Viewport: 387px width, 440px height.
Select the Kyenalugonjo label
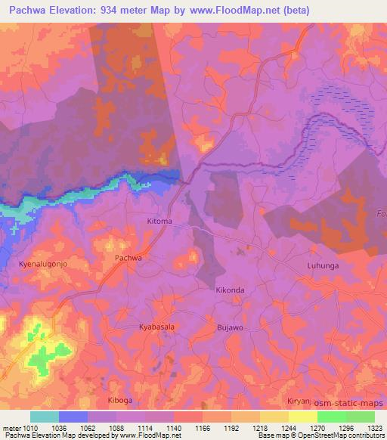point(44,265)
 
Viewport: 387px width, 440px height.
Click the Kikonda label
point(231,290)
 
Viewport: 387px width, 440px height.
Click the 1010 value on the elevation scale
point(29,428)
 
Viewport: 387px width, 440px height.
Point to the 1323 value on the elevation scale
point(375,428)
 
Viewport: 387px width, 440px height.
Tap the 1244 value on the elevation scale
point(289,428)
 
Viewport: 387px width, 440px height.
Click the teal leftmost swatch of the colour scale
point(45,417)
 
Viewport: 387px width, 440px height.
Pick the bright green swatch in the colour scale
point(331,417)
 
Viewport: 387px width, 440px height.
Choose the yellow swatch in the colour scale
point(302,417)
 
